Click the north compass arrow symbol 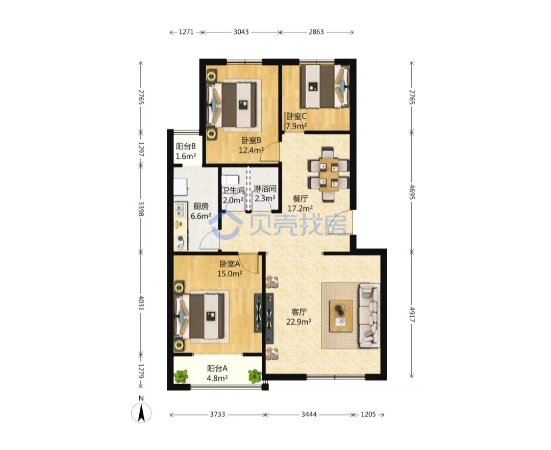[x=141, y=412]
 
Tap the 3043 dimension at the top [x=241, y=32]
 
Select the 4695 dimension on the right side [x=412, y=192]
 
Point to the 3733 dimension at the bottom [x=217, y=414]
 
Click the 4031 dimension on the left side [x=141, y=303]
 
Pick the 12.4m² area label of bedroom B [x=251, y=151]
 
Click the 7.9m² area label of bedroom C [x=296, y=126]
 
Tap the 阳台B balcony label [x=186, y=146]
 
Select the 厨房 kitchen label [x=201, y=207]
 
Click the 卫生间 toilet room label [x=233, y=190]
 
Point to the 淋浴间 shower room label [x=265, y=189]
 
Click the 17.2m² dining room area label [x=300, y=208]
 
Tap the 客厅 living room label [x=299, y=312]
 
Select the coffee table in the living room [x=341, y=316]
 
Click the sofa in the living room [x=369, y=316]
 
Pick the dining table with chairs [x=328, y=174]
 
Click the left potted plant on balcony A [x=181, y=377]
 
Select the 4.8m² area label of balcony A [x=217, y=379]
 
